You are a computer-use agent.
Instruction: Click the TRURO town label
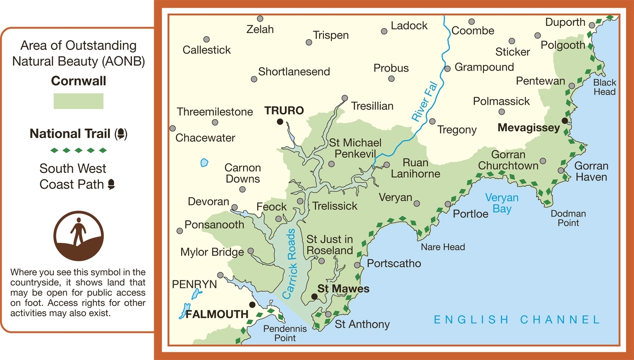(284, 110)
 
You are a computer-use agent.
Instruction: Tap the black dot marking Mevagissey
(564, 121)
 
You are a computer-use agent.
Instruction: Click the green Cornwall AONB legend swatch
(78, 101)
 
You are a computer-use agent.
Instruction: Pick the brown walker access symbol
(78, 236)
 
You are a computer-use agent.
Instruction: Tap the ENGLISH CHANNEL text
(517, 320)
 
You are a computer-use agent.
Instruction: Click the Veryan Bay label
(502, 203)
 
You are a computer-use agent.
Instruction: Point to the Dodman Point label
(568, 218)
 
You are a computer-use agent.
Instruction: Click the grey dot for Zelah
(260, 18)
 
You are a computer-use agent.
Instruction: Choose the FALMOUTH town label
(217, 314)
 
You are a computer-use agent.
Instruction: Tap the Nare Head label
(442, 247)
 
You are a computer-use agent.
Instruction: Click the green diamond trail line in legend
(78, 150)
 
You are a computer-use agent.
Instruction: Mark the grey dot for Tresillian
(344, 98)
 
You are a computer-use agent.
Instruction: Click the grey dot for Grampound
(447, 69)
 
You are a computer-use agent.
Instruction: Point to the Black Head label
(604, 87)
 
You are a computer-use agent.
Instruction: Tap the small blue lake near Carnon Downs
(205, 162)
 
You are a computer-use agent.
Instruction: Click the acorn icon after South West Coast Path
(111, 184)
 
